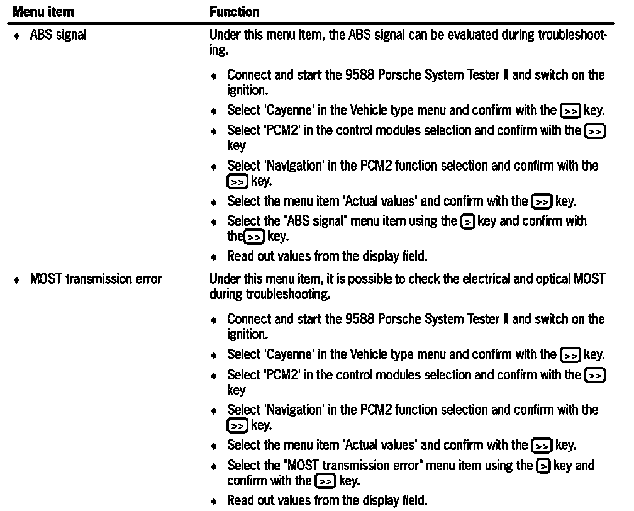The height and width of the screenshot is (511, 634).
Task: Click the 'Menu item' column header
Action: [x=43, y=12]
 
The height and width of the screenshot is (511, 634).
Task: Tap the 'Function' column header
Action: [x=234, y=12]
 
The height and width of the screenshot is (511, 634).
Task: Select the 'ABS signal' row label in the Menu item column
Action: [x=58, y=35]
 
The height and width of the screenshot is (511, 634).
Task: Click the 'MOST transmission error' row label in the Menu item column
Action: [x=96, y=279]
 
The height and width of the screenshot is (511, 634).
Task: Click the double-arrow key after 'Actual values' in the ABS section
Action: [x=541, y=202]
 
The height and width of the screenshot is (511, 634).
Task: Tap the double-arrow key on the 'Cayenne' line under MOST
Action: [x=570, y=355]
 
